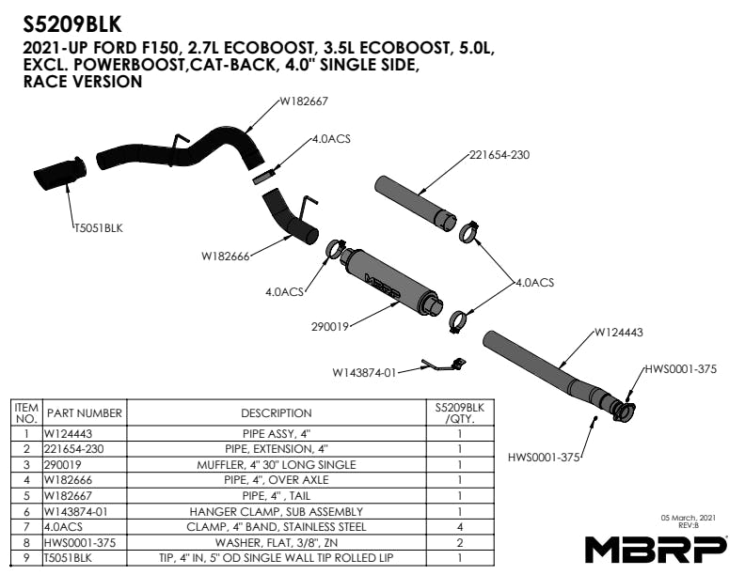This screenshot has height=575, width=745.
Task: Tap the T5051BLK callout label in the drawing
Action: pos(99,227)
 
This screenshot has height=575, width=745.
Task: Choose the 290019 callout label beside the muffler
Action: pos(331,327)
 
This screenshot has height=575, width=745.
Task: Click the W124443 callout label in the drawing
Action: pos(619,332)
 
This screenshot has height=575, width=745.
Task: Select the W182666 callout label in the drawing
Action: pos(226,255)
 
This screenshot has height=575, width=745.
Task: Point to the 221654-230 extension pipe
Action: pos(410,199)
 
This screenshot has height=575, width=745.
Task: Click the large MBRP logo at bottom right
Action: pos(657,548)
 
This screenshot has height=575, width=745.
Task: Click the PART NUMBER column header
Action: pos(85,413)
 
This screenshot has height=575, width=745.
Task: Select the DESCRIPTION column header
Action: pos(276,413)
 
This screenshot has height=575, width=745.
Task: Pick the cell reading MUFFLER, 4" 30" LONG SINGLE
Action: pos(276,465)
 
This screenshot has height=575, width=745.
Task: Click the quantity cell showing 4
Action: pos(460,526)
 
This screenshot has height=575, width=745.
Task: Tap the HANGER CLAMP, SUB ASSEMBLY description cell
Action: pos(276,511)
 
